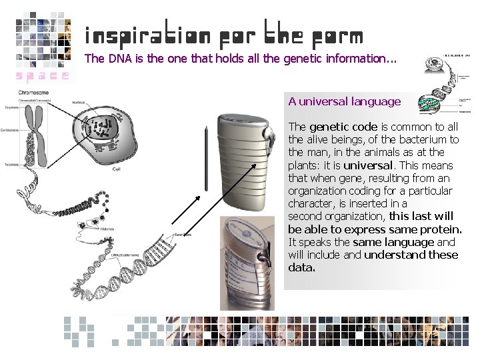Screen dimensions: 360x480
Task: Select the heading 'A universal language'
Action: pyautogui.click(x=345, y=102)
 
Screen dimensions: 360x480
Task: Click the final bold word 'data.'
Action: pyautogui.click(x=301, y=267)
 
